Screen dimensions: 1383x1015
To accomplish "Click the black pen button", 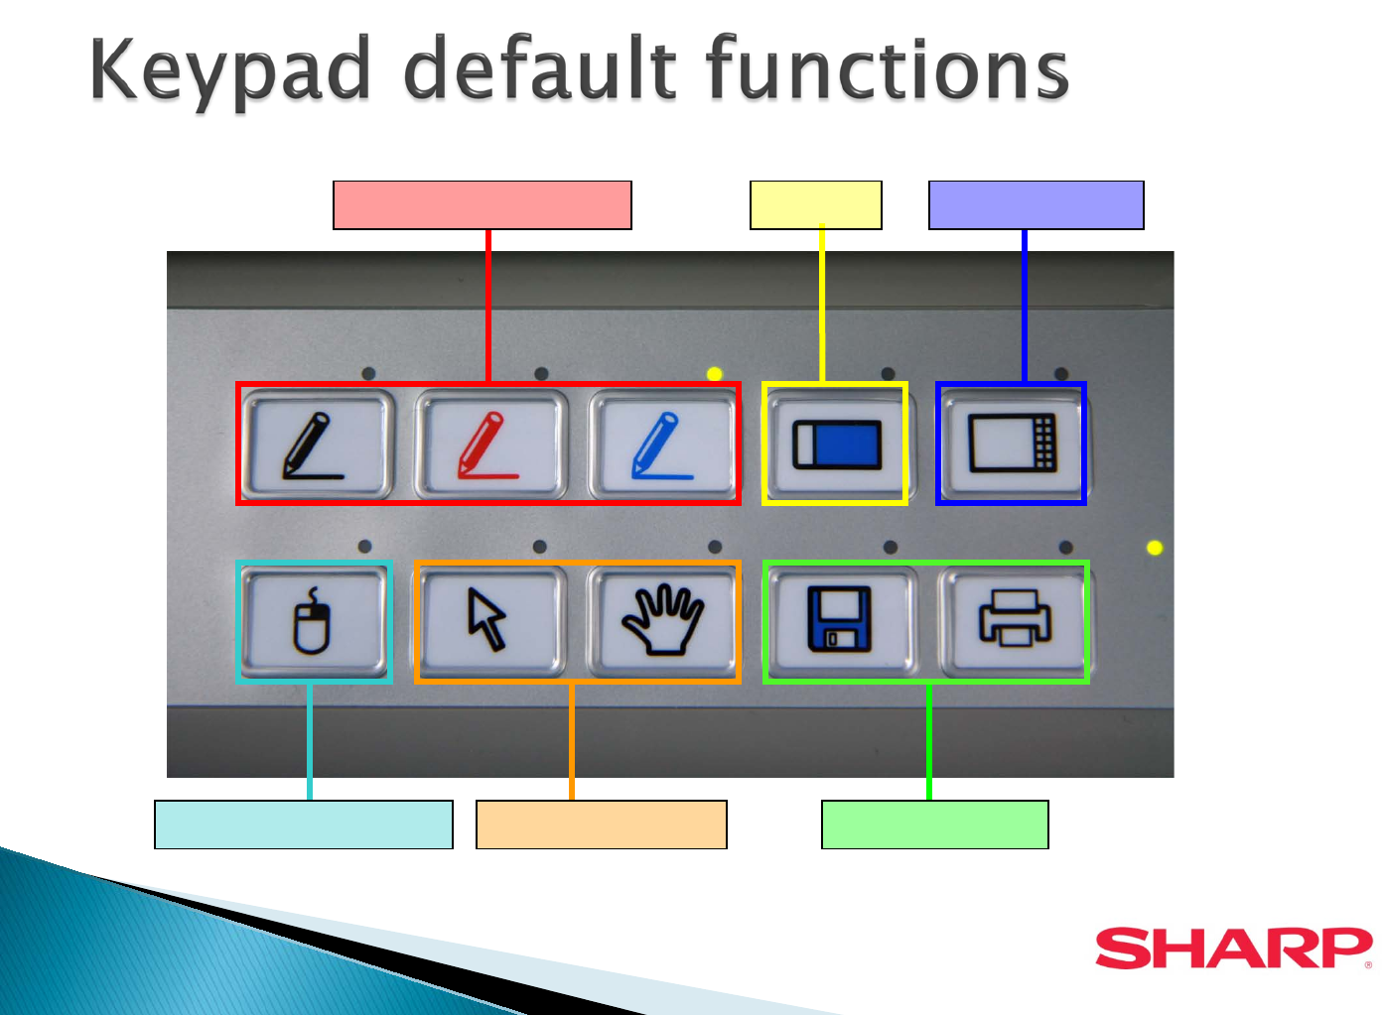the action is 317,444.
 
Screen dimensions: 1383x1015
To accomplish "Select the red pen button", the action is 491,444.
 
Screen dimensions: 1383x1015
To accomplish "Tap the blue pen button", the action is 664,444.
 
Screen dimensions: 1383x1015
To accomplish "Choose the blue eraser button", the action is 839,444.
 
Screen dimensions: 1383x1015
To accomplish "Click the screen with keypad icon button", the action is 1013,444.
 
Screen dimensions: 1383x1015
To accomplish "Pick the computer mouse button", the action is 314,621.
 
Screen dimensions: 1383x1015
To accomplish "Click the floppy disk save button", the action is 840,621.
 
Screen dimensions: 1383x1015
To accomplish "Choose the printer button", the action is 1015,621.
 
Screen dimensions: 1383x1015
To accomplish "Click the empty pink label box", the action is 483,204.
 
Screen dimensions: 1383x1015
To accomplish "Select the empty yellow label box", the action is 815,204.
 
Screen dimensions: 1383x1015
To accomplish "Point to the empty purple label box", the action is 1037,204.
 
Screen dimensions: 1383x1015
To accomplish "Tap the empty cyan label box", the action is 303,825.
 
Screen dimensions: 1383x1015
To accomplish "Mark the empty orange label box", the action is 602,825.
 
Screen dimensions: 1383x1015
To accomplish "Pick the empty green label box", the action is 935,825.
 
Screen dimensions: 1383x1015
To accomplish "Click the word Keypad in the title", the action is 230,71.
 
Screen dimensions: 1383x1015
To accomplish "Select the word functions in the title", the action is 888,66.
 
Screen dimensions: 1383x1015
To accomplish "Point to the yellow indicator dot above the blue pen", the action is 715,373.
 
